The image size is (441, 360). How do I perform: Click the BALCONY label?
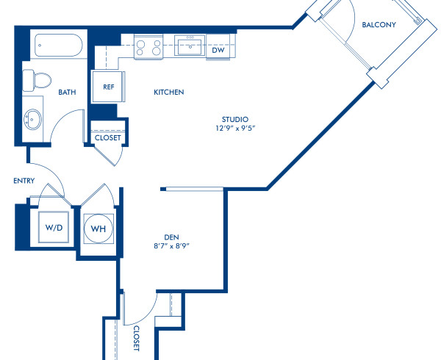tap(379, 24)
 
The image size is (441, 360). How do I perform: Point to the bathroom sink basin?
tap(34, 118)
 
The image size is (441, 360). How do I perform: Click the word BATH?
tap(68, 93)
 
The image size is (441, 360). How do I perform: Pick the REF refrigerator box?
tap(108, 87)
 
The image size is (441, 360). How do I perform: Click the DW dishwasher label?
tap(218, 51)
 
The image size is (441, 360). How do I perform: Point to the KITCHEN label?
tap(168, 93)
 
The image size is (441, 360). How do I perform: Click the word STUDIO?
tap(235, 119)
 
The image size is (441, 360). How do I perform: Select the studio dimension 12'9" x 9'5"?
tap(235, 129)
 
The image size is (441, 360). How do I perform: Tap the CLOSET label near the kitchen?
tap(108, 137)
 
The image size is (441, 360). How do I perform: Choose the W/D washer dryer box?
tap(54, 228)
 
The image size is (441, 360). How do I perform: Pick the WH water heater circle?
tap(98, 228)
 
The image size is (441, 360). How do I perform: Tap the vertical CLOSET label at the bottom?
tap(137, 339)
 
